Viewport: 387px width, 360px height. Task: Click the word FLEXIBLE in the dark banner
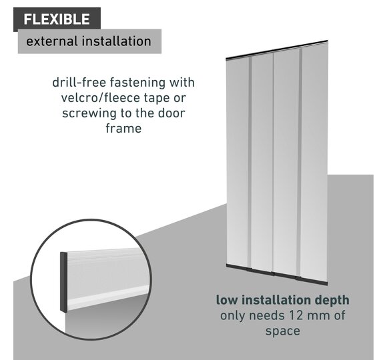coord(57,19)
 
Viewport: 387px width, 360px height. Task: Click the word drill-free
coord(79,83)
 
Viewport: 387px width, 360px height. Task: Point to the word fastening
coord(137,83)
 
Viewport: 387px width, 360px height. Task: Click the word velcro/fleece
coord(101,97)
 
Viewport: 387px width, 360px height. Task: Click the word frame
coord(123,129)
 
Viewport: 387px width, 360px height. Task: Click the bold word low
coord(227,300)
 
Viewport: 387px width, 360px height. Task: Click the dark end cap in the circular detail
coord(63,283)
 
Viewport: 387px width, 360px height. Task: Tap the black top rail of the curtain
coord(277,49)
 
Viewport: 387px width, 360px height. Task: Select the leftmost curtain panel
coord(237,163)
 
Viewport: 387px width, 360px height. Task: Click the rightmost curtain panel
coord(315,163)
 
